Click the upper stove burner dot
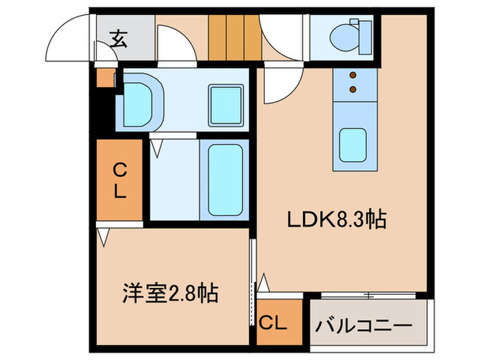[x=354, y=76]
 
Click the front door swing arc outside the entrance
[x=69, y=38]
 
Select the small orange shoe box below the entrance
[x=105, y=79]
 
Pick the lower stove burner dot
[x=354, y=89]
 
